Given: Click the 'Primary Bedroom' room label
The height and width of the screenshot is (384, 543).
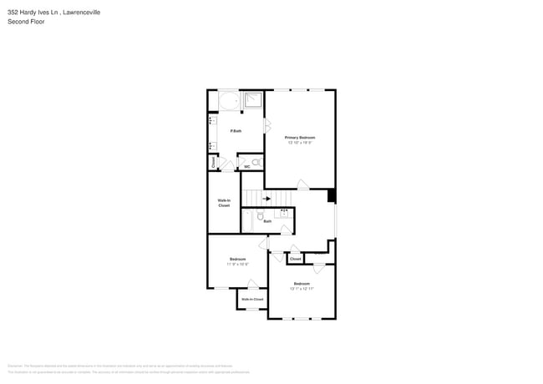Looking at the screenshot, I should (300, 137).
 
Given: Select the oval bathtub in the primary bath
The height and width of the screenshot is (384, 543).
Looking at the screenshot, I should (228, 102).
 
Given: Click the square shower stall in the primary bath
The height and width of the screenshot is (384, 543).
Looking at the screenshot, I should (253, 102).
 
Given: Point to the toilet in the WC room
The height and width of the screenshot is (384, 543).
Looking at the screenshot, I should (255, 162).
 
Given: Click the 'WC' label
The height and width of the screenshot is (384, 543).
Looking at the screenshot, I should (247, 168).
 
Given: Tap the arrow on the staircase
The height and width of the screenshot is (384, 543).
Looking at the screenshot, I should (267, 199).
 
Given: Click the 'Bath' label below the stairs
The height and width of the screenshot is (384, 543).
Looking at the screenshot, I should (267, 221).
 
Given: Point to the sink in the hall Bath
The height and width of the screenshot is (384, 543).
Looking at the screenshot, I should (285, 214).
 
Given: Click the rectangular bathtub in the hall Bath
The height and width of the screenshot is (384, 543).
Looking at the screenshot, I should (247, 221).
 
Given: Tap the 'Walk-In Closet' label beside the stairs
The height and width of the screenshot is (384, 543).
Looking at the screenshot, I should (224, 203).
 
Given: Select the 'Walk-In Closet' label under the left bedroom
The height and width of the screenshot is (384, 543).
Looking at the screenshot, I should (252, 299).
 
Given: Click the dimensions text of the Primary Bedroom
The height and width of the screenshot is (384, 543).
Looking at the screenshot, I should (300, 143).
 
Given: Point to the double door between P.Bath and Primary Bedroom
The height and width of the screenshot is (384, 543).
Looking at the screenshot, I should (266, 126).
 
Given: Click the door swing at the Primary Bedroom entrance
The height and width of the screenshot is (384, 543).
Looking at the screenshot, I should (303, 184).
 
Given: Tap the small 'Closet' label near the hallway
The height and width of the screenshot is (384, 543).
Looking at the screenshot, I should (295, 260).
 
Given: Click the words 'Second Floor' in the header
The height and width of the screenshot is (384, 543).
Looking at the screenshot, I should (28, 22).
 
